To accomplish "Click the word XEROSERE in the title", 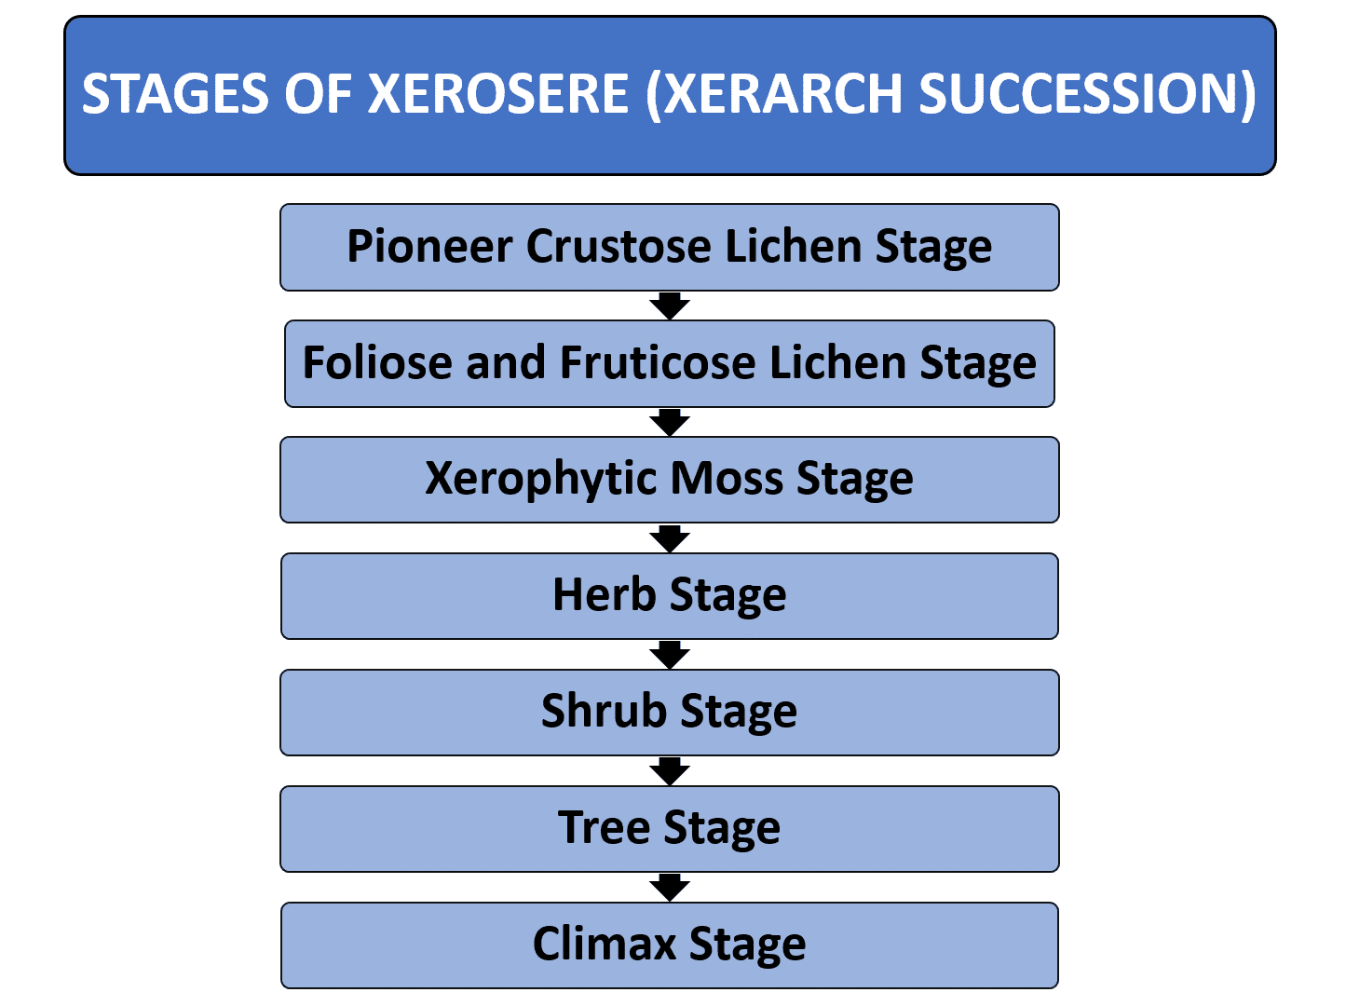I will click(x=498, y=94).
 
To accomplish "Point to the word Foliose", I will click(x=377, y=362).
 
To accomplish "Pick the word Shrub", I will click(x=604, y=711).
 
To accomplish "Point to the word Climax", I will click(x=604, y=944).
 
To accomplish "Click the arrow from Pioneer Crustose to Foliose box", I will click(x=670, y=306).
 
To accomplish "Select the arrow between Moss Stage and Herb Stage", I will click(x=670, y=538).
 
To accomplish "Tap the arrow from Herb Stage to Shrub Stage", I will click(x=670, y=655).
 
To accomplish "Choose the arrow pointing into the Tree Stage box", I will click(x=670, y=771).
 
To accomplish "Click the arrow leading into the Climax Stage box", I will click(x=670, y=888).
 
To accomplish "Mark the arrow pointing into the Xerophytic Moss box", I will click(x=670, y=422).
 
